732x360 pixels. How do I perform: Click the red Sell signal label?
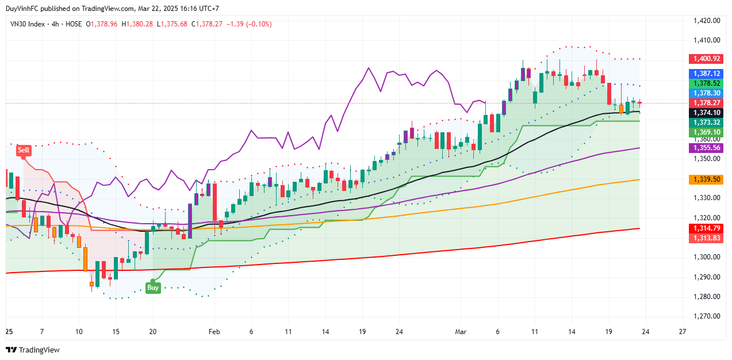pos(24,150)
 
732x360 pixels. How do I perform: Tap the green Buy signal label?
pos(152,288)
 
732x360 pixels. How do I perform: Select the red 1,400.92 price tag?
pos(707,59)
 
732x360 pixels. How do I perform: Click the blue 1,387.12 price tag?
pos(707,74)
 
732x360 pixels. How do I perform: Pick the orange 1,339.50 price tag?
pos(707,179)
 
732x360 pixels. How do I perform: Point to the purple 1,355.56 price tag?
pos(707,148)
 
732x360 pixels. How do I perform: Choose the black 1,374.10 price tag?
pos(707,112)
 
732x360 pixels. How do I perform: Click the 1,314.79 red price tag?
pos(707,228)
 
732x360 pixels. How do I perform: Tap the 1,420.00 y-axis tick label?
pos(707,21)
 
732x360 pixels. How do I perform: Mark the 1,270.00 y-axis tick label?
pos(707,316)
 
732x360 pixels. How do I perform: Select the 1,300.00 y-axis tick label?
pos(707,257)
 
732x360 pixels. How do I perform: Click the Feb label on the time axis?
pos(214,332)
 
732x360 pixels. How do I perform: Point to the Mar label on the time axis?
pos(461,332)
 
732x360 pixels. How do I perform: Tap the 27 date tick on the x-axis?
pos(683,332)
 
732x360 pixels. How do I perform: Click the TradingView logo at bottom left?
pos(33,350)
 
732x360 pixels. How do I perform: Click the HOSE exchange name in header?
pos(72,24)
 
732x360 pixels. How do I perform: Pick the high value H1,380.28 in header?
pos(137,24)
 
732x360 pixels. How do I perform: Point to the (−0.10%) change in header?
pos(257,24)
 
